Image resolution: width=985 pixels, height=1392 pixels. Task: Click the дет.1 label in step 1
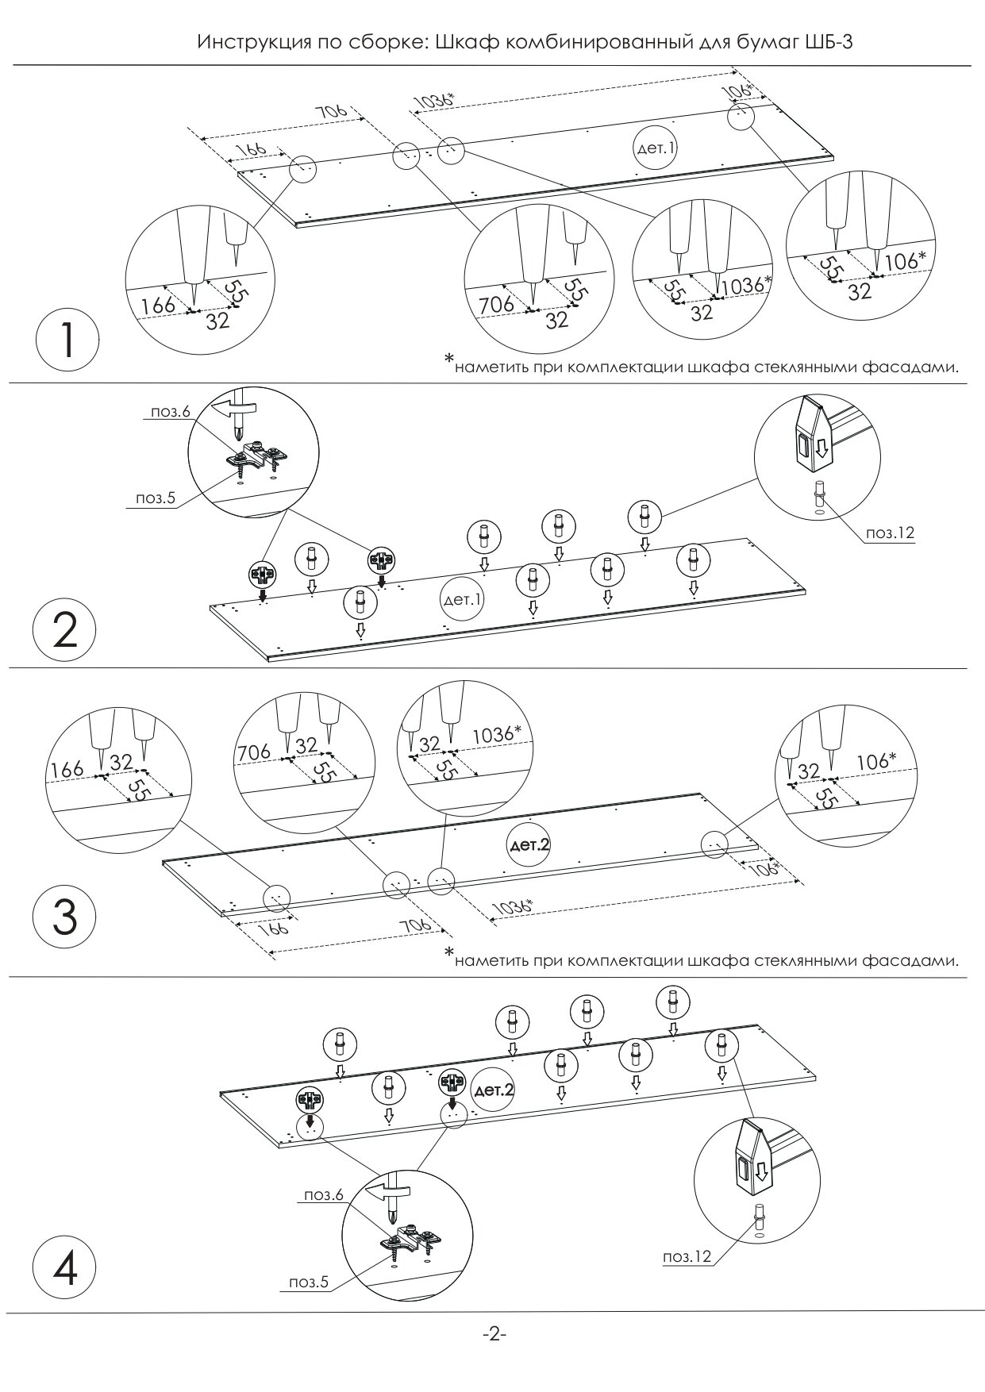(656, 148)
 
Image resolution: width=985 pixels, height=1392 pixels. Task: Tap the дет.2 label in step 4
(493, 1091)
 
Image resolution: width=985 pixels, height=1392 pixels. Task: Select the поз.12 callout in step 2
(890, 533)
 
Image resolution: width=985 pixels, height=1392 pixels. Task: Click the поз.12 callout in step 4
(687, 1256)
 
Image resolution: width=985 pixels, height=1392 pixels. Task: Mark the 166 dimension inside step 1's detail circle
(157, 306)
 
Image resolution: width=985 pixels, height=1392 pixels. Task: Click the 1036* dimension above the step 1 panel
(435, 101)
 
